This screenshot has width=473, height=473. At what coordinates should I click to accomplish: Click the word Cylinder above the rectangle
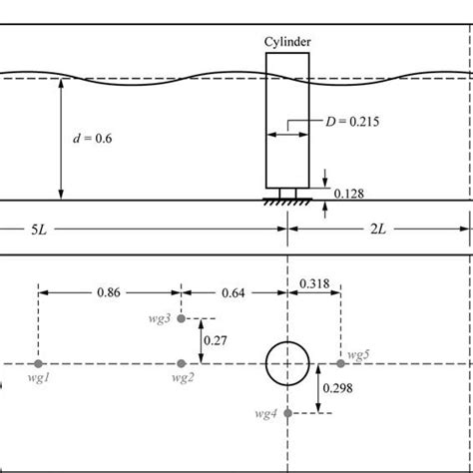point(287,42)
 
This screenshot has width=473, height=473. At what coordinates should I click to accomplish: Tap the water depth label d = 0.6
point(93,138)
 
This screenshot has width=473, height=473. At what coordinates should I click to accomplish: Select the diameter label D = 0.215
point(352,122)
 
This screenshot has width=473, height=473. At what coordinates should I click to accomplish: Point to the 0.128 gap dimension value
point(348,194)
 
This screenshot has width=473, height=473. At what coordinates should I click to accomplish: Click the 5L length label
point(39,230)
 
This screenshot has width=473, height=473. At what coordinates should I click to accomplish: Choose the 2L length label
point(378,230)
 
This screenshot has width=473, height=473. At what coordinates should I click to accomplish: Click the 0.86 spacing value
point(109,292)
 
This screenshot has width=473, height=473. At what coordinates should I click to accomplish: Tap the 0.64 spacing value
point(234,293)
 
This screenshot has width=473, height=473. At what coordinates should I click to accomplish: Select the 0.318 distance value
point(314,283)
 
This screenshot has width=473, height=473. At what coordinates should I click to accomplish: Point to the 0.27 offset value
point(216,340)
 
